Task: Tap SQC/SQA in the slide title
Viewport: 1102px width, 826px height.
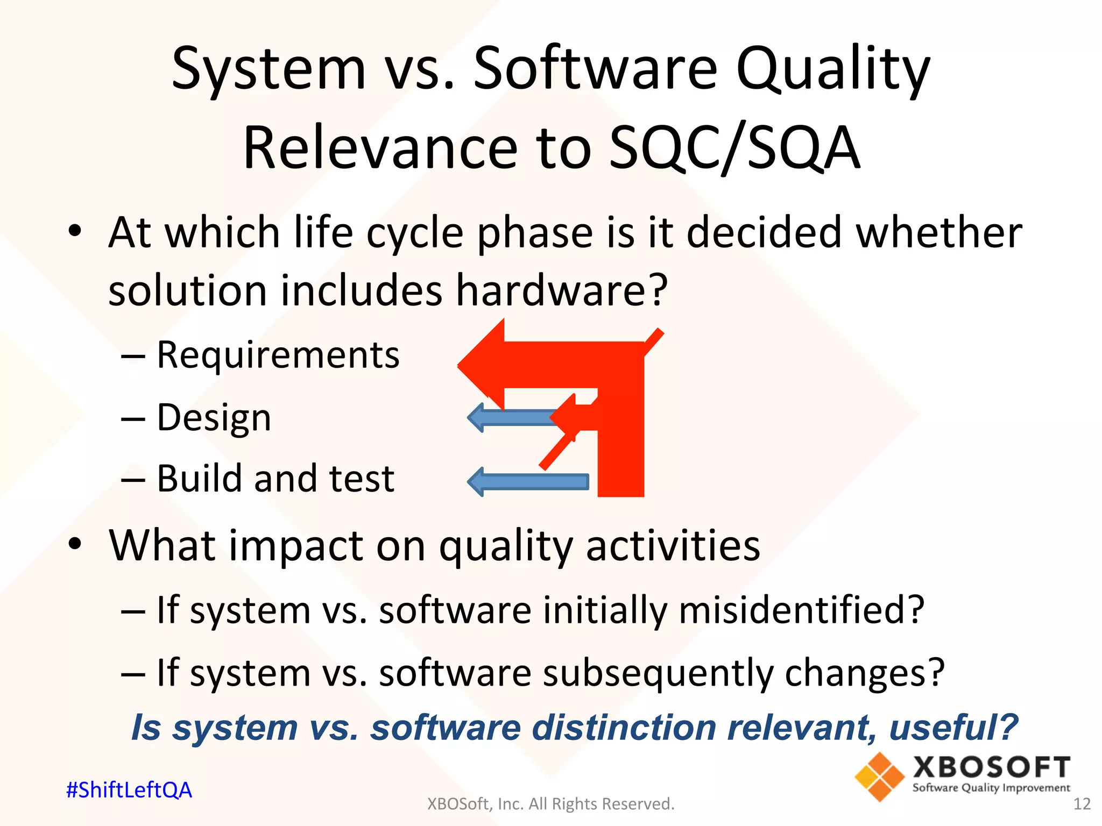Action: tap(734, 148)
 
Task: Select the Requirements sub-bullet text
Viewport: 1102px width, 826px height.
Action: tap(278, 355)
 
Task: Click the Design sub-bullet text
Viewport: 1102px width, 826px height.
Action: tap(214, 418)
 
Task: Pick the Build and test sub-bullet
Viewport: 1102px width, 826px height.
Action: tap(275, 479)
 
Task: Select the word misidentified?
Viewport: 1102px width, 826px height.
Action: tap(801, 610)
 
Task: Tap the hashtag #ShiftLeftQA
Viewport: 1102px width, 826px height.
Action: tap(129, 790)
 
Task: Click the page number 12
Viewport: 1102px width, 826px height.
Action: tap(1082, 804)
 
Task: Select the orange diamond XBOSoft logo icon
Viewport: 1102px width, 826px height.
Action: tap(879, 777)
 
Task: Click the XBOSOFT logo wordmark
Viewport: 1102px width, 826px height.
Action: tap(991, 767)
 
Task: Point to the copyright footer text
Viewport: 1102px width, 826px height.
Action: tap(550, 804)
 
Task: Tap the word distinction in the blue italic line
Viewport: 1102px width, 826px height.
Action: tap(624, 728)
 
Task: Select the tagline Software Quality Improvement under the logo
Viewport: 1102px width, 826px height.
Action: tap(991, 788)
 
